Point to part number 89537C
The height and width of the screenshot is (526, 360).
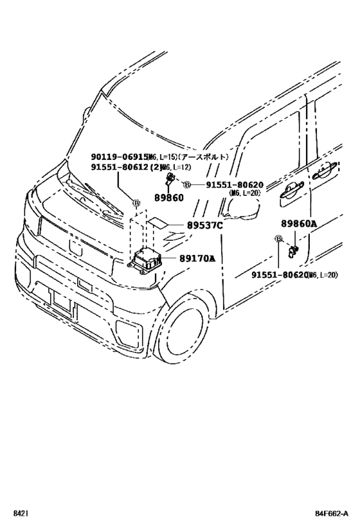point(204,225)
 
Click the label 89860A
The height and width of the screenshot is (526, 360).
point(299,224)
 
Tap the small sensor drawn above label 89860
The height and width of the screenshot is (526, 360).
point(170,178)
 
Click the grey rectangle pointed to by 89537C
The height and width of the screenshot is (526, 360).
point(159,225)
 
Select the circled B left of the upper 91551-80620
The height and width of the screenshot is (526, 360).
point(187,185)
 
